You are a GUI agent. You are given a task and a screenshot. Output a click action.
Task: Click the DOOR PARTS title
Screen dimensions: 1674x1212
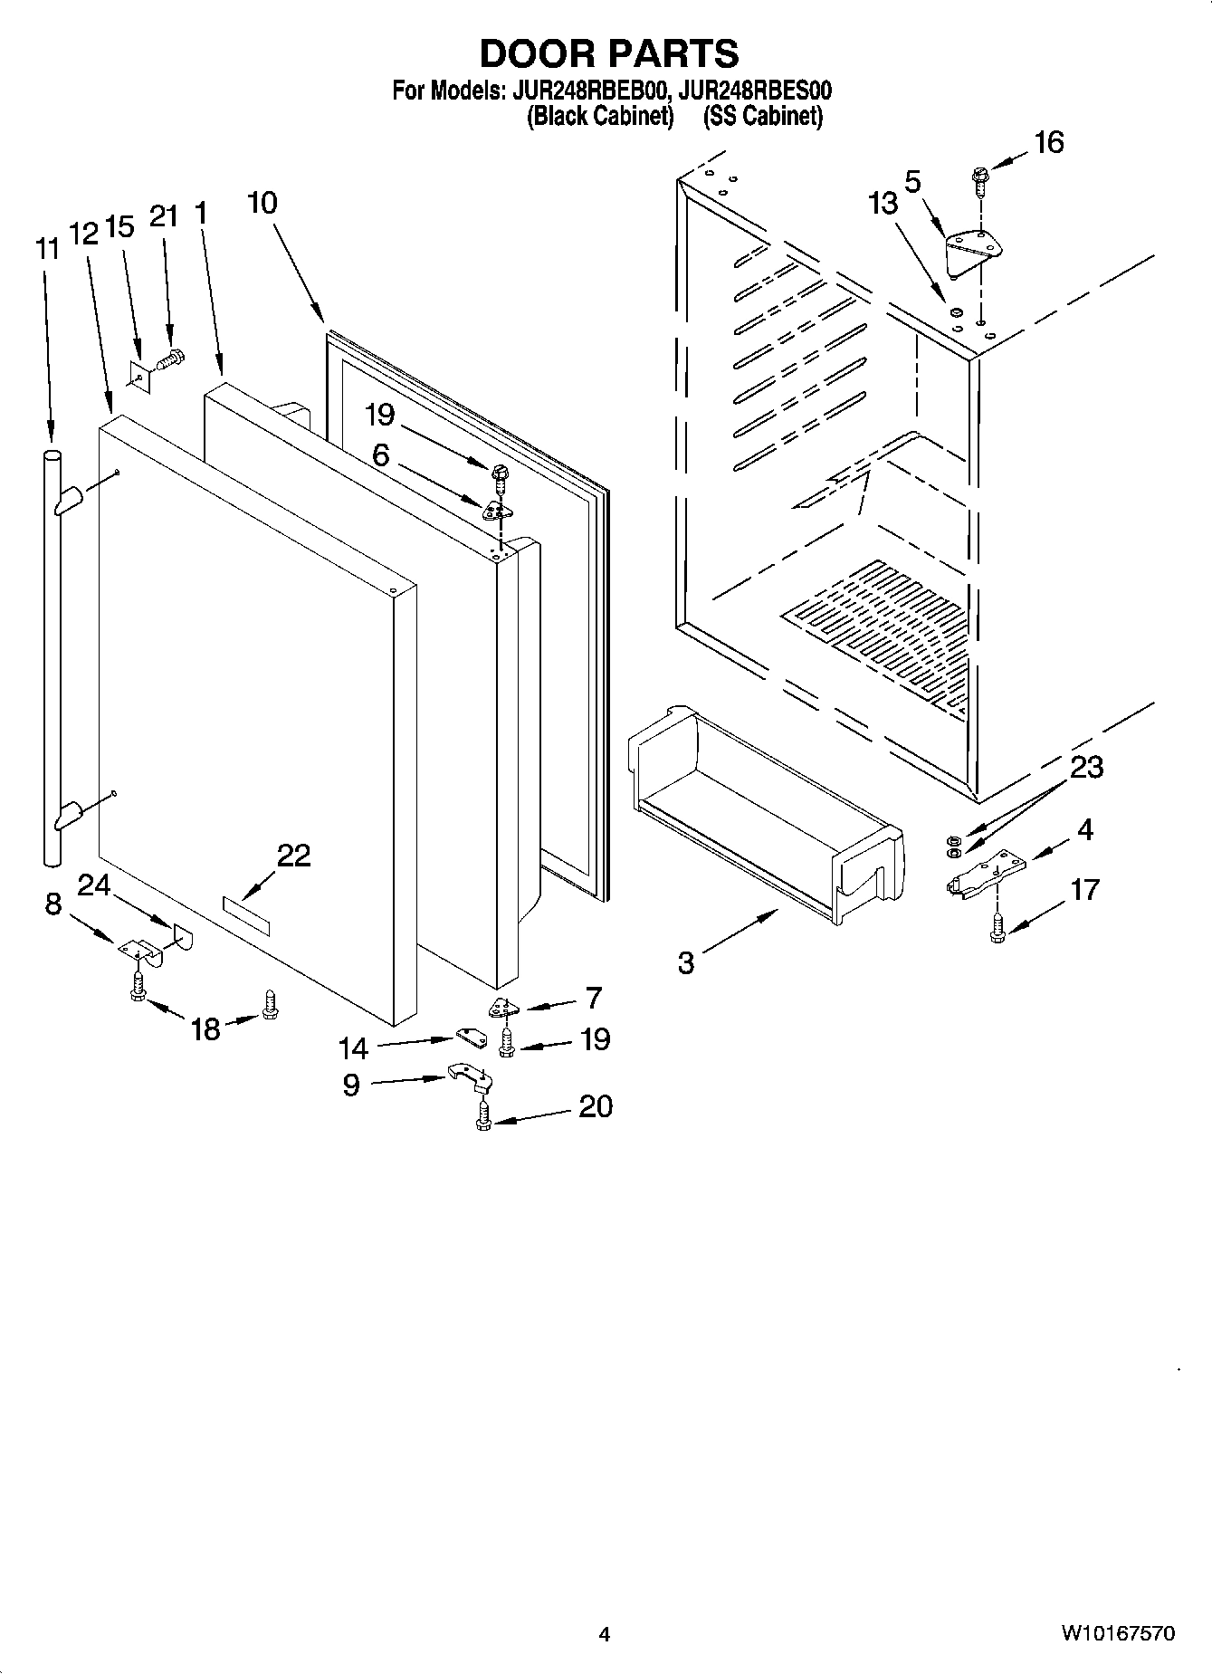[608, 54]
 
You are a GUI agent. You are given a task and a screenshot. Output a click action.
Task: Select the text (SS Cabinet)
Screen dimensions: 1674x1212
[763, 116]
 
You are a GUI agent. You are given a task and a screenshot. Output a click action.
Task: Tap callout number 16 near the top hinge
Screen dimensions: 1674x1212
[1048, 142]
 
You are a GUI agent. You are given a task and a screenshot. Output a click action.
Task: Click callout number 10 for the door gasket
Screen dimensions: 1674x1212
[262, 203]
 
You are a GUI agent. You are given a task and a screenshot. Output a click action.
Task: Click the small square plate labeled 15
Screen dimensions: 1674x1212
[138, 375]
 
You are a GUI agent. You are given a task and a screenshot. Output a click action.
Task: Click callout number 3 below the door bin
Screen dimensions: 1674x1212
[686, 962]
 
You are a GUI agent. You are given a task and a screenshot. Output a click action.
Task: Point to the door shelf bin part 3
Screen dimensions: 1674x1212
[765, 815]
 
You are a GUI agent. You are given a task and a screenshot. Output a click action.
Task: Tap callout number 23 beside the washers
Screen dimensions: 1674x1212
[1086, 767]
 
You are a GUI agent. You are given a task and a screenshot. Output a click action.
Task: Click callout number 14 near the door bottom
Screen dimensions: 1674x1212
[353, 1048]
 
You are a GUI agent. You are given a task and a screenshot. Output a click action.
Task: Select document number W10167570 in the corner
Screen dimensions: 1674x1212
[1118, 1633]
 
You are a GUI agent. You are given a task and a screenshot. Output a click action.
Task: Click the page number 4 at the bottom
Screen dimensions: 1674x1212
[605, 1634]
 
